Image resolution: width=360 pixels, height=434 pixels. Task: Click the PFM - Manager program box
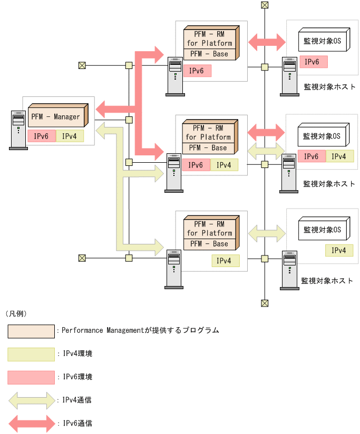point(59,117)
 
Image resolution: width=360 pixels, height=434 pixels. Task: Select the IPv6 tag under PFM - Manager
point(41,136)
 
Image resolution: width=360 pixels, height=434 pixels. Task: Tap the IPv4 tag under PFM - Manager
point(70,136)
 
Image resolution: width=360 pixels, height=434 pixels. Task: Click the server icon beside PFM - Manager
point(18,130)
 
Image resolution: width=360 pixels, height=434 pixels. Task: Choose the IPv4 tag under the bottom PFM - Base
point(225,260)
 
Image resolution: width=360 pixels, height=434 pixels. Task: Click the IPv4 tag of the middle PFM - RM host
point(224,165)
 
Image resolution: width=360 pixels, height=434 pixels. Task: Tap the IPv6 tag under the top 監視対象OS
point(314,62)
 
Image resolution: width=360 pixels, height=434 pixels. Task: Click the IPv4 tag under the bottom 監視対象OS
point(339,250)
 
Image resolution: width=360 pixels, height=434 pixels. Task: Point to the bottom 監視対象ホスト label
point(327,281)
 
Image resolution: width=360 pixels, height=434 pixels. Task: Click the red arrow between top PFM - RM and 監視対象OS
point(266,41)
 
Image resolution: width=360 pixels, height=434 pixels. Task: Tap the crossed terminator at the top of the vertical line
point(265,5)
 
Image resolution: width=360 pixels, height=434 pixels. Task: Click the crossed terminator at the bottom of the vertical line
point(265,303)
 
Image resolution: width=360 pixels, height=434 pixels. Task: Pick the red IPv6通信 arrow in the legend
point(32,423)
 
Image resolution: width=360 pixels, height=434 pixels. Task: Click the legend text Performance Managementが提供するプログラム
point(140,331)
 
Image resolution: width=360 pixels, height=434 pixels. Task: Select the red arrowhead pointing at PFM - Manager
point(103,110)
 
